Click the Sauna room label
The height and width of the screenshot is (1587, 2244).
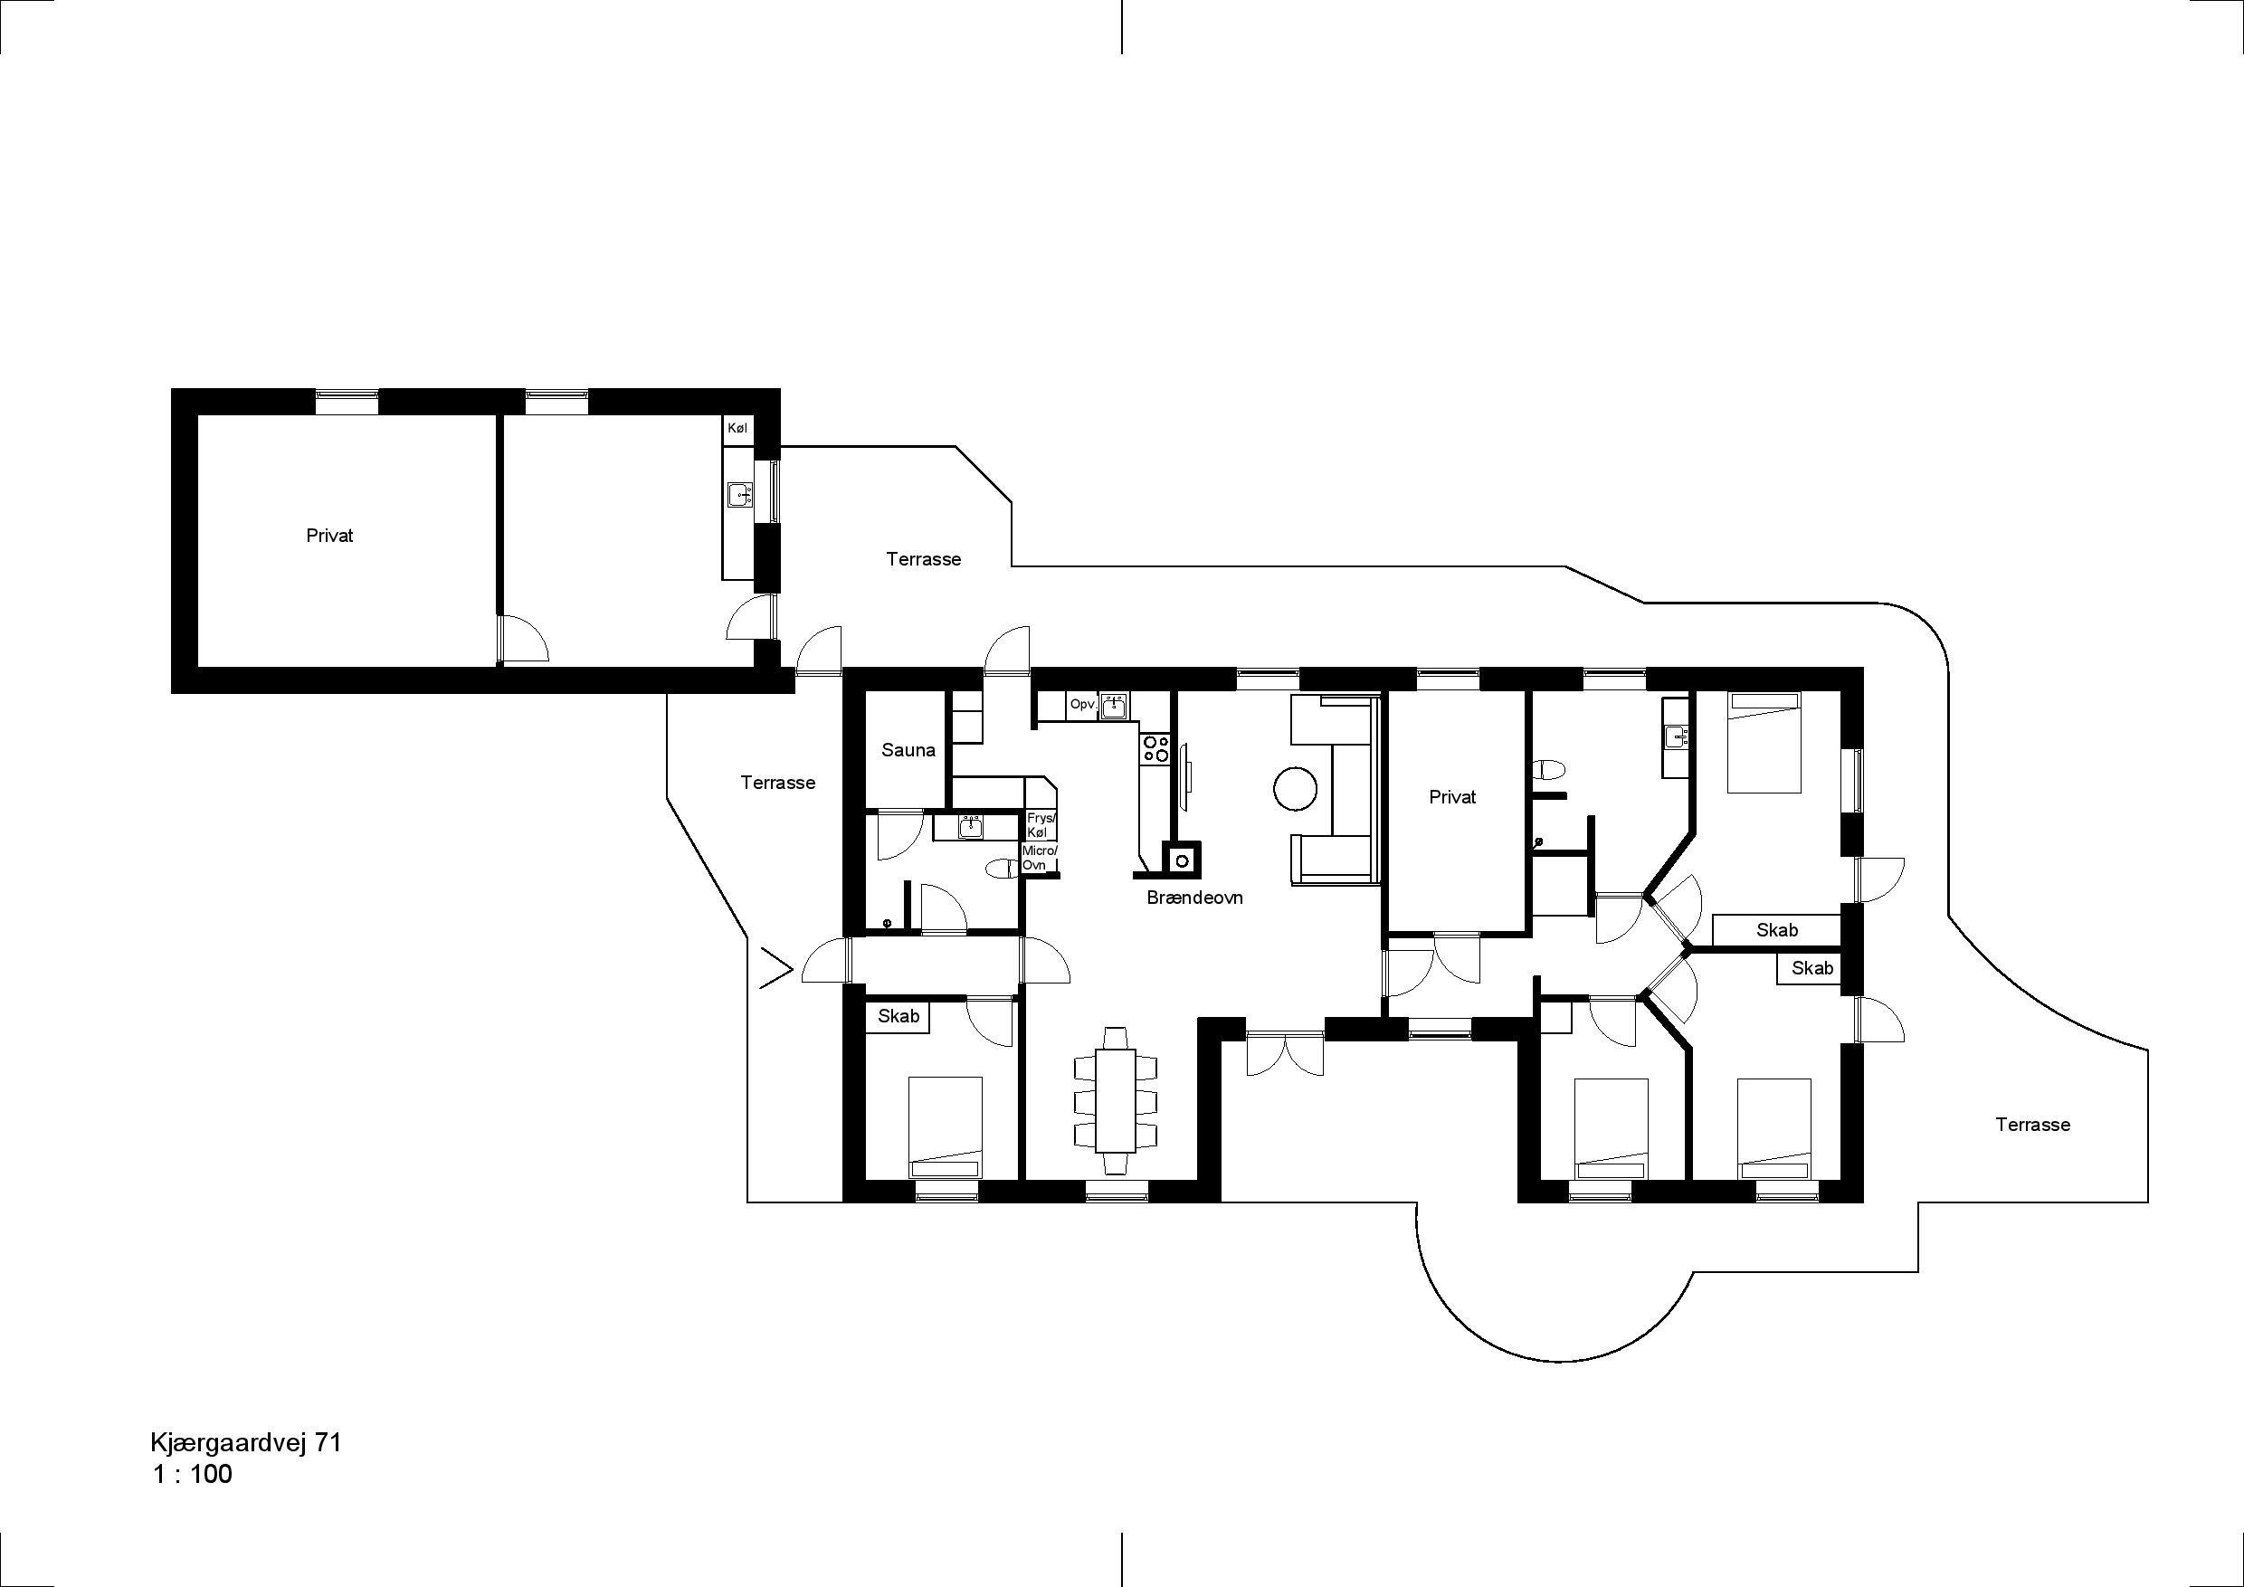(908, 750)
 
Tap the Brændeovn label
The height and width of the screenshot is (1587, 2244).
(1194, 897)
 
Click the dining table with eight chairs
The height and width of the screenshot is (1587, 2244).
(1115, 1099)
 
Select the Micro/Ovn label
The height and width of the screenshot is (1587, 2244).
(1039, 858)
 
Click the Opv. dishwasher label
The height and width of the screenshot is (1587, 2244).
(1083, 704)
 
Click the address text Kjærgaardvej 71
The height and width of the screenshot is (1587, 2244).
(246, 1443)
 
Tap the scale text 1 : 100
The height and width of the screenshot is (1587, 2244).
(193, 1475)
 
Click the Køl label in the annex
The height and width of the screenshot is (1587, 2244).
(737, 428)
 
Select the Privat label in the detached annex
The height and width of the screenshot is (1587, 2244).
(329, 536)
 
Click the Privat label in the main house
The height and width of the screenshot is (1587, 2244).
(1452, 796)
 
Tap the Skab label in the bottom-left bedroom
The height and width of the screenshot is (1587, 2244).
(899, 1015)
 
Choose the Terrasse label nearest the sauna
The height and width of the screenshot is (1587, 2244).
(778, 783)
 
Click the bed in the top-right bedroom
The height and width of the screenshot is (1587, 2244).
(1764, 742)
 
